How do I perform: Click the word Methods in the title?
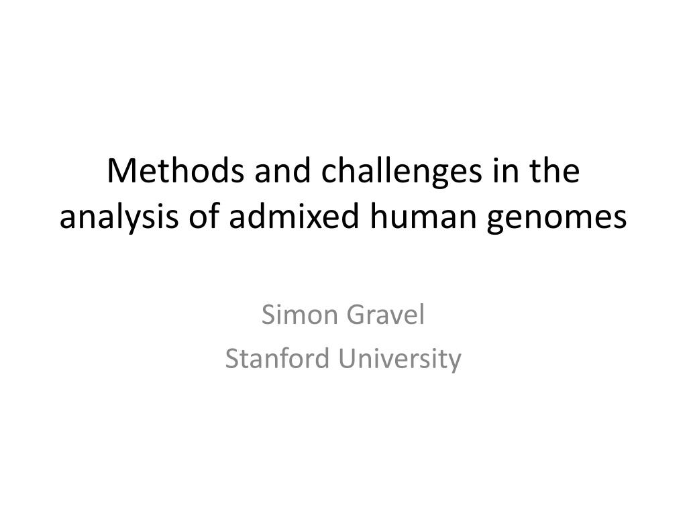tap(175, 170)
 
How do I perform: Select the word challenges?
tap(401, 174)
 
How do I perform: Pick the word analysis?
tap(119, 219)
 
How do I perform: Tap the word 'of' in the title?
tap(204, 216)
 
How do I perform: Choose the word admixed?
tap(294, 216)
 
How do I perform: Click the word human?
tap(423, 216)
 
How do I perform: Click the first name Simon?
tap(299, 314)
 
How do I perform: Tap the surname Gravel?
tap(386, 314)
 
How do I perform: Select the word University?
tap(400, 360)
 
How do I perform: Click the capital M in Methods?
tap(119, 171)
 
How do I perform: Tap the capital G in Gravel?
tap(356, 314)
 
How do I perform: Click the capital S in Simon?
tap(268, 314)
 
